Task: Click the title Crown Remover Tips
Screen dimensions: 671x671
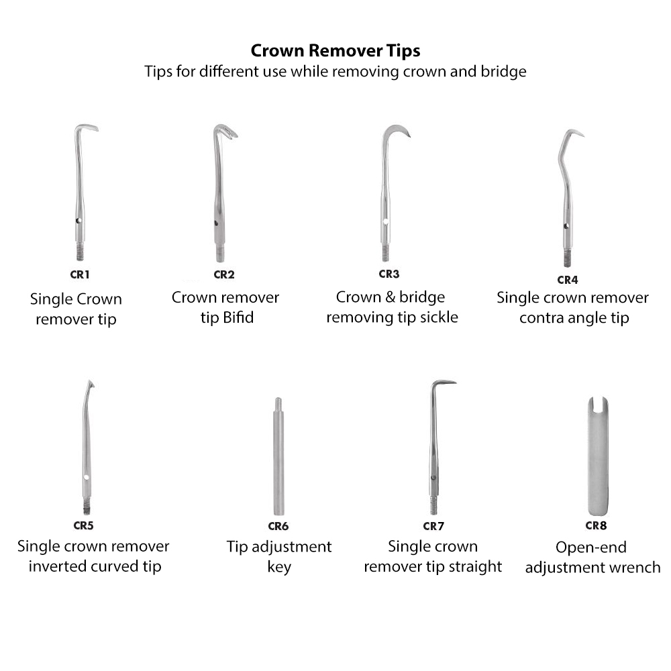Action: coord(335,51)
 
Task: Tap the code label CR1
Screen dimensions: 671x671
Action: coord(79,274)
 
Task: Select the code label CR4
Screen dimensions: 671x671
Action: coord(567,279)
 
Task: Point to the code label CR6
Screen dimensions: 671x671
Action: coord(278,526)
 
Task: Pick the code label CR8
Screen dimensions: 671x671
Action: coord(596,525)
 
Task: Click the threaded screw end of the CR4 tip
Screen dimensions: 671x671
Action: coord(567,258)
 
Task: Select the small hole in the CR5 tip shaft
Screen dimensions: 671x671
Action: coord(87,478)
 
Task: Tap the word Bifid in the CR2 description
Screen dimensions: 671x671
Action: coord(238,317)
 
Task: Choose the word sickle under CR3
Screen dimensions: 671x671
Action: coord(436,317)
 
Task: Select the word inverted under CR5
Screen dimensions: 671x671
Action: coord(56,566)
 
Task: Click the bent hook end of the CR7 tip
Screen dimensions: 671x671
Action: coord(443,383)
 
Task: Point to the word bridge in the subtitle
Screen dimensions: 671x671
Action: coord(504,71)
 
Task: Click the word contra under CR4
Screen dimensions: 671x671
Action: coord(540,317)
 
